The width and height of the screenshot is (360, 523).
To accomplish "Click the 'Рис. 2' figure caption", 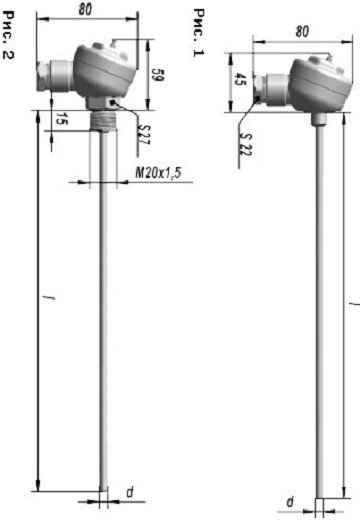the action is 8,35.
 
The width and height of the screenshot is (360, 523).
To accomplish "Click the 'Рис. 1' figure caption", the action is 199,33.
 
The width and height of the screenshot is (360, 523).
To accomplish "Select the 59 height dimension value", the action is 157,75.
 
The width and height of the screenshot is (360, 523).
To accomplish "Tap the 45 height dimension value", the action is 239,79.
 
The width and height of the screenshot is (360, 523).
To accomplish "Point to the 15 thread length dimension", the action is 60,118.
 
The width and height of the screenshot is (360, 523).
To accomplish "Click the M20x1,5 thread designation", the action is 158,173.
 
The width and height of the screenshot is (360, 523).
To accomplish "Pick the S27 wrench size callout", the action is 145,135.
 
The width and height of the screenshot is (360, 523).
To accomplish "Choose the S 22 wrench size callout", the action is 246,144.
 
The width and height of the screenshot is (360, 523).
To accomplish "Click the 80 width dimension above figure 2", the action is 85,10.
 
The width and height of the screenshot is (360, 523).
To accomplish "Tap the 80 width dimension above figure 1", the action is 302,32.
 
